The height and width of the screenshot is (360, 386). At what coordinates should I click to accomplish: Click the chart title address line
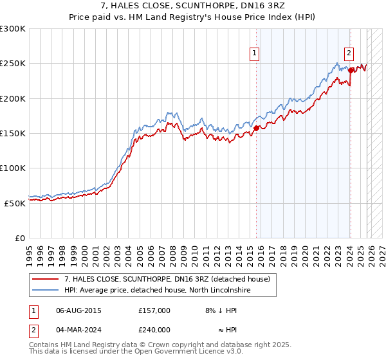pyautogui.click(x=193, y=6)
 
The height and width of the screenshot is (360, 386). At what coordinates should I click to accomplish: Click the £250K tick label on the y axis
pyautogui.click(x=12, y=64)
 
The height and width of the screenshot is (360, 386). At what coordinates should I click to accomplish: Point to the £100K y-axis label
pyautogui.click(x=12, y=168)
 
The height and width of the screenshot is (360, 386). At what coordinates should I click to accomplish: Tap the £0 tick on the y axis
pyautogui.click(x=20, y=238)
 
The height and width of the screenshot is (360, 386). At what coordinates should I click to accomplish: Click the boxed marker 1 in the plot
pyautogui.click(x=255, y=54)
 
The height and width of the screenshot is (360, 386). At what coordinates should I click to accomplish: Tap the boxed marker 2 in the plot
pyautogui.click(x=349, y=54)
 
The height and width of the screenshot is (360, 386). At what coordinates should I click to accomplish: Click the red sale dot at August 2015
pyautogui.click(x=256, y=128)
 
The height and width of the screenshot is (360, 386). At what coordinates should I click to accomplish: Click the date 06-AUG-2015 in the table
pyautogui.click(x=78, y=310)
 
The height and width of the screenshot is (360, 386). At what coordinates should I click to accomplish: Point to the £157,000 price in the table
pyautogui.click(x=154, y=310)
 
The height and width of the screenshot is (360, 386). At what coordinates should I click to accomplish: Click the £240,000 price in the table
pyautogui.click(x=154, y=329)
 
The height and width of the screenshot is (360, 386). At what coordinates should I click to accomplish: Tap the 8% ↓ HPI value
pyautogui.click(x=219, y=310)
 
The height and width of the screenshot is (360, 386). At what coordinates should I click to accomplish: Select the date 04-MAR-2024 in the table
pyautogui.click(x=78, y=329)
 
